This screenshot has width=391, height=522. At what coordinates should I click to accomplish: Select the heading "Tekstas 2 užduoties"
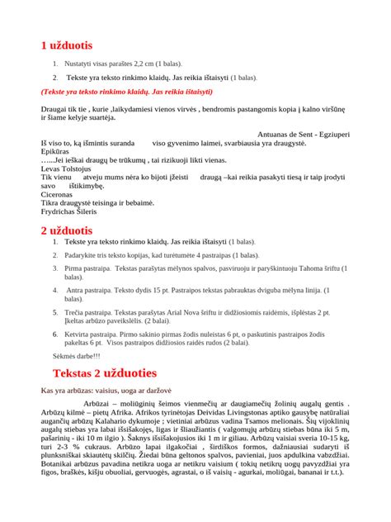(x=98, y=373)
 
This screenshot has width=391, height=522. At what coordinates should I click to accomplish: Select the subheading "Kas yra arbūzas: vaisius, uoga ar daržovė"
(x=119, y=391)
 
